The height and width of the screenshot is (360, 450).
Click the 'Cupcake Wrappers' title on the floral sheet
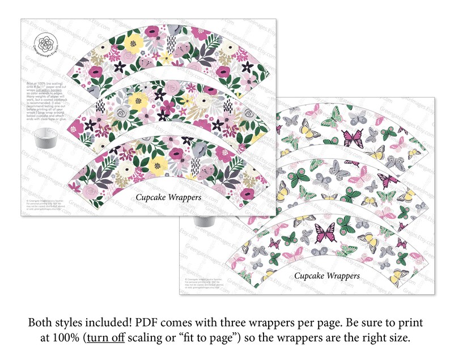[x=168, y=197]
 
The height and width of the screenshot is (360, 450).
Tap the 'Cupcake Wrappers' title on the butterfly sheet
[x=326, y=276]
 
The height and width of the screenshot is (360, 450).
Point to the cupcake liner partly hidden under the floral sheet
[x=202, y=220]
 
